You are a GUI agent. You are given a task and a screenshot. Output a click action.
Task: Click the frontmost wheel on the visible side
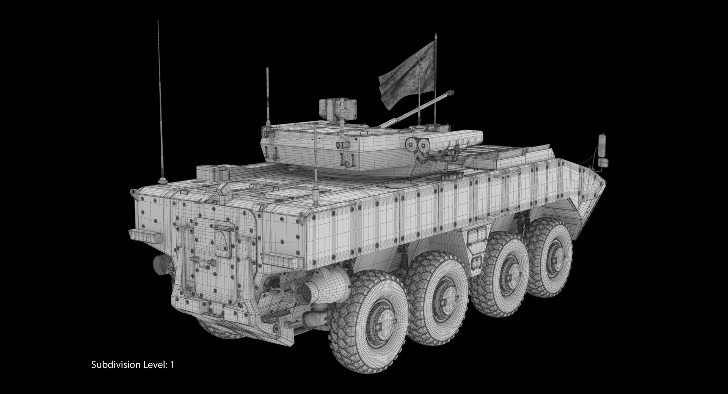[550, 258]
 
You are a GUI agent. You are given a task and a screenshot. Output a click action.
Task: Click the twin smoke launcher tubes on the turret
[418, 144]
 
